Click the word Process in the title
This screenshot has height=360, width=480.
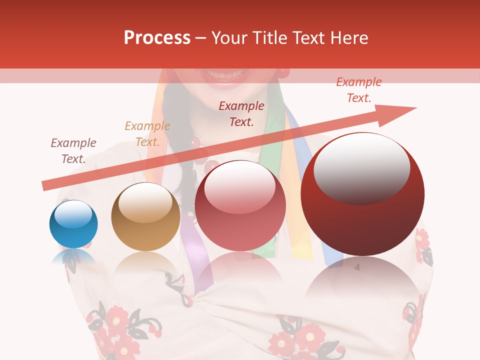(157, 38)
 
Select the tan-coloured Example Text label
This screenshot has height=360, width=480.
(147, 134)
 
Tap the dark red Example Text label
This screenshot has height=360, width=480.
(241, 113)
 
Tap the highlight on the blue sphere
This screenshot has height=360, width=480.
(73, 214)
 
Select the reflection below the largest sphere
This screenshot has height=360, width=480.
(362, 280)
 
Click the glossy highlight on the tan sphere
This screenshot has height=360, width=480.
(145, 202)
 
